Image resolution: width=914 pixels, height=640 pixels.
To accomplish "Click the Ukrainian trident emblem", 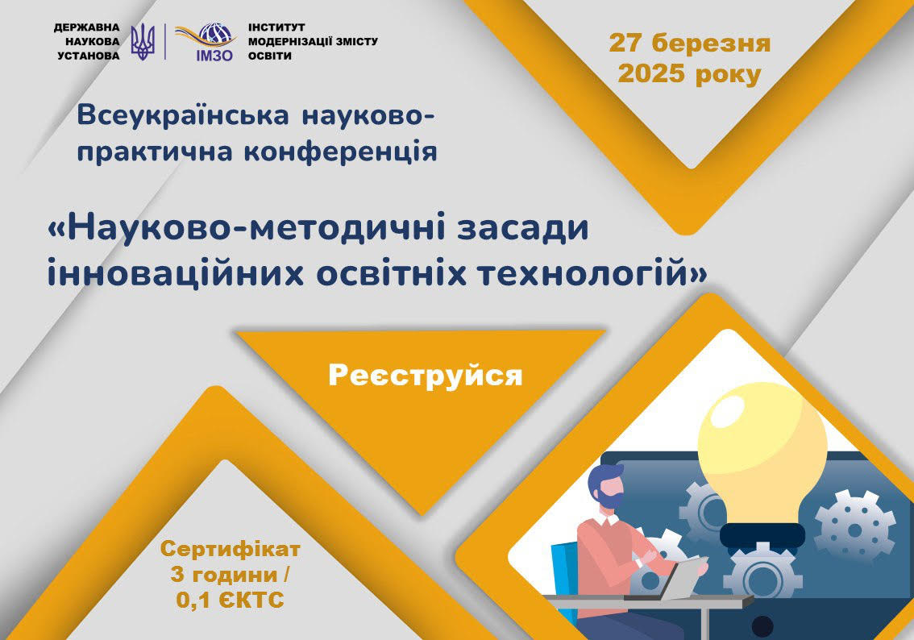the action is (x=142, y=42).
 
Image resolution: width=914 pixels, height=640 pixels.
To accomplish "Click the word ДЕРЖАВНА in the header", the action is (x=87, y=27).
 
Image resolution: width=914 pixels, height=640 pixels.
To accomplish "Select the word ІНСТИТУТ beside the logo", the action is (x=276, y=27).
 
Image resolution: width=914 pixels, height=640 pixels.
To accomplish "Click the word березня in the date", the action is (x=711, y=44).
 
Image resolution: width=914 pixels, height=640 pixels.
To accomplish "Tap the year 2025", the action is (x=651, y=75).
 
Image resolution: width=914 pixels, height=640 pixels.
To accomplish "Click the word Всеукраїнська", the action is (x=183, y=114).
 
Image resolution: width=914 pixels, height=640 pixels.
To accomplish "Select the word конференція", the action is (x=340, y=151).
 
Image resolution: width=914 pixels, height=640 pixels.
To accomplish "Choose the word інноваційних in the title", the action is (x=176, y=273).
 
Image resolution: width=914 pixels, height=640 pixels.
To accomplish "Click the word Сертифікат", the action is (x=231, y=549).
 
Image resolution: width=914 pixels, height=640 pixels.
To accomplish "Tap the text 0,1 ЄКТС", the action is (x=231, y=600).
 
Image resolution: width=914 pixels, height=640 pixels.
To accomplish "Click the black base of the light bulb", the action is (x=762, y=534).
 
